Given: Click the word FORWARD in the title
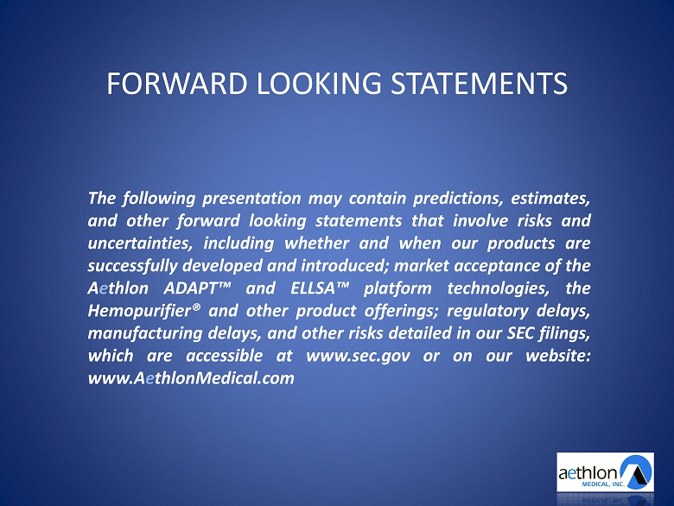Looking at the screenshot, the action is [176, 83].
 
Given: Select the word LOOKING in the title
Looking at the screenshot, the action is [319, 83].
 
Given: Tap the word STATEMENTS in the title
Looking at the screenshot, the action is [479, 83].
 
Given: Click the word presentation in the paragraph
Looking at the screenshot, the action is [251, 199].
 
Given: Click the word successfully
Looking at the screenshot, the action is [132, 266].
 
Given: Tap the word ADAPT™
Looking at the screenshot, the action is [197, 288].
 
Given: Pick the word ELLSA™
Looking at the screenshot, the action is [320, 288].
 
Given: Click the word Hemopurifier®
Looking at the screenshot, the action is [144, 311].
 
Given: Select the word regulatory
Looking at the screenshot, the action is [487, 311].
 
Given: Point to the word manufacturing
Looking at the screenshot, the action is [145, 333].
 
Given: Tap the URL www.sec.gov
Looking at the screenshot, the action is [358, 356].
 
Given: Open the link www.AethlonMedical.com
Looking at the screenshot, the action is [191, 378].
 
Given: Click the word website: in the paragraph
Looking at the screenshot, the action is [558, 356].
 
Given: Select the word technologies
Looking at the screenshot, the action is [499, 288].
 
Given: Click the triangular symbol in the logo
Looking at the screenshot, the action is [637, 472].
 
